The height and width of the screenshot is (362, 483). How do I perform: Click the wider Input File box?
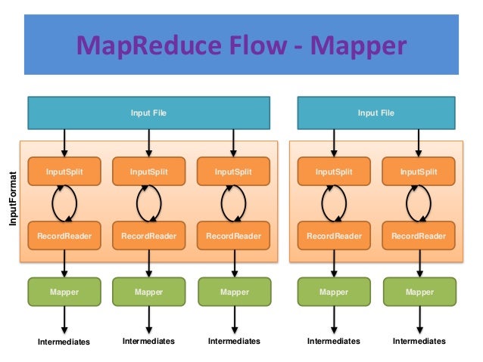[148, 113]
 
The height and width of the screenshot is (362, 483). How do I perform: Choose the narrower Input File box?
[376, 113]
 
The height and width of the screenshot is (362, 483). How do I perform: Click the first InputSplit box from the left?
[64, 172]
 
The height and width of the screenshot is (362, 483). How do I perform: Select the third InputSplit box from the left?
[233, 172]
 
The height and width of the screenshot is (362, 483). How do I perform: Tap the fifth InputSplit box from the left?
[419, 172]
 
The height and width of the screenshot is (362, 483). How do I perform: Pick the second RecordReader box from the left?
[148, 236]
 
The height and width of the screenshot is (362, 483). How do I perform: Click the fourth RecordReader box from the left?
[334, 236]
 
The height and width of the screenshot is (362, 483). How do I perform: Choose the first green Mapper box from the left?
[64, 291]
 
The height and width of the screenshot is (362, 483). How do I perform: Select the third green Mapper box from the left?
[233, 291]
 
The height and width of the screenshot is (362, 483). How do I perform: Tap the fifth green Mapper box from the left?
[419, 291]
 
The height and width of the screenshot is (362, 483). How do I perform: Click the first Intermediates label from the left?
[64, 342]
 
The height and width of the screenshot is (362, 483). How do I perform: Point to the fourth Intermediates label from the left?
[333, 342]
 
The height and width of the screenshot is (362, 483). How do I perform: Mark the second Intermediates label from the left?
[148, 342]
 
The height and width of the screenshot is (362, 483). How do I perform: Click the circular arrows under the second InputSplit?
[148, 203]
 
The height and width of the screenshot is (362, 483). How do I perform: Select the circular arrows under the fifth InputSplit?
[419, 203]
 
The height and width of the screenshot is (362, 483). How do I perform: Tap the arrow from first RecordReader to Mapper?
[64, 264]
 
